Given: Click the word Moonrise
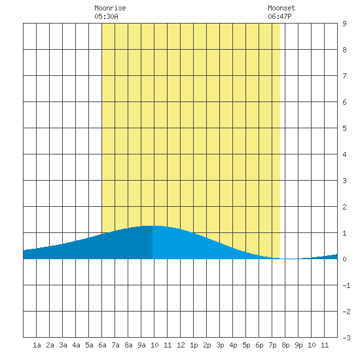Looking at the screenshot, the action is click(x=110, y=9).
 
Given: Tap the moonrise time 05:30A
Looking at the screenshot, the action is click(x=106, y=16).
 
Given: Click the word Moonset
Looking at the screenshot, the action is click(x=281, y=9).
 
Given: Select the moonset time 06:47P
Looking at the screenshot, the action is click(x=279, y=16).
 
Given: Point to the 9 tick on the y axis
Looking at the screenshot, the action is click(x=344, y=24).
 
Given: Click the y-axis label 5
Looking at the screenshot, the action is click(x=344, y=128).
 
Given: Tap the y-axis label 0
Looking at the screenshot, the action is click(x=344, y=259).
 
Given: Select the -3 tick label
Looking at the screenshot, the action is click(x=346, y=338).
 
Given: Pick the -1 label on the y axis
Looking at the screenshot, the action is click(x=346, y=285).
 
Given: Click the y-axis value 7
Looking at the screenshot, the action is click(x=344, y=76).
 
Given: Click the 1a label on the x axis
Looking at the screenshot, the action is click(x=37, y=345).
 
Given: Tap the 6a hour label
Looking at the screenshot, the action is click(x=102, y=345).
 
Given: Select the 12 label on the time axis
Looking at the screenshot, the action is click(x=181, y=345).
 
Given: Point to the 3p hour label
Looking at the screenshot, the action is click(x=220, y=345).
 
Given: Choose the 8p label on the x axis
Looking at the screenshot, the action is click(x=285, y=345).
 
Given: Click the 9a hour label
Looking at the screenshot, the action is click(x=141, y=345).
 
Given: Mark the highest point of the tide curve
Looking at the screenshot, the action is click(x=153, y=226).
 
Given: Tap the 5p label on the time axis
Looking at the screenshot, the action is click(x=246, y=345).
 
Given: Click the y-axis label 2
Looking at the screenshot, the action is click(x=344, y=207).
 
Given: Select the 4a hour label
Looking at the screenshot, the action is click(x=76, y=345).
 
